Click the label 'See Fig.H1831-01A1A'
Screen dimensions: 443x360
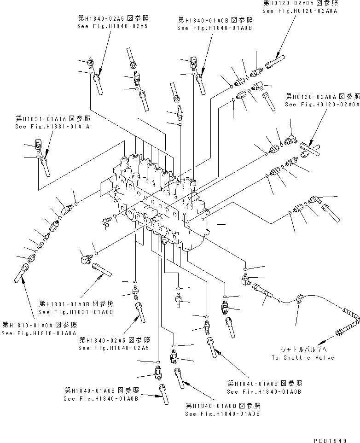[52, 126]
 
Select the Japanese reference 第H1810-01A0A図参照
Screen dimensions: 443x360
[39, 325]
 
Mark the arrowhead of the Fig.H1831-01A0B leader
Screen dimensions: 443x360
[103, 276]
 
